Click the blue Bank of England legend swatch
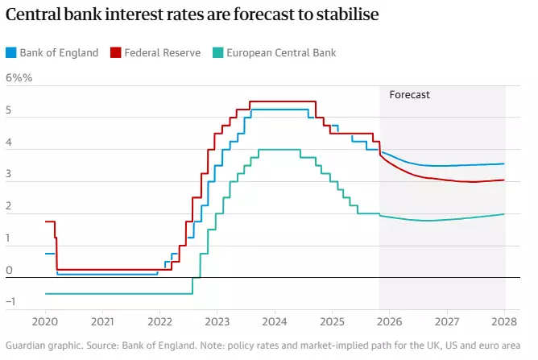[10, 53]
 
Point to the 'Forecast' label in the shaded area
[410, 94]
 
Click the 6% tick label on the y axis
[18, 78]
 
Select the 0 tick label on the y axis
[9, 271]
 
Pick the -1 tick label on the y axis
[10, 302]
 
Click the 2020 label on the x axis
[45, 321]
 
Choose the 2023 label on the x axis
[217, 321]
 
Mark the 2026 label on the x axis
[390, 321]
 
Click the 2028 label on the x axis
[505, 321]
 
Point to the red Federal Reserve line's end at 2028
[505, 180]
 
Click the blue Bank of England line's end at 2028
[505, 163]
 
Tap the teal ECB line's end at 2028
[505, 213]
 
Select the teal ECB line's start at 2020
[46, 293]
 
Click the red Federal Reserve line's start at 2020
[46, 221]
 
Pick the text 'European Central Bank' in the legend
[281, 53]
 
